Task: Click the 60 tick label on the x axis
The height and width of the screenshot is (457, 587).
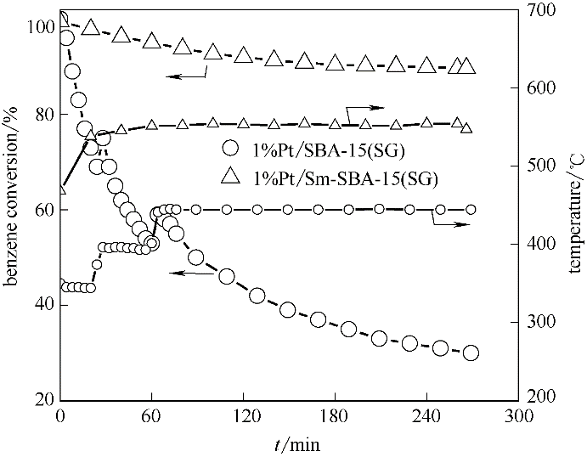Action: (151, 417)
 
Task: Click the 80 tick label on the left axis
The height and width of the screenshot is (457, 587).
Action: (42, 115)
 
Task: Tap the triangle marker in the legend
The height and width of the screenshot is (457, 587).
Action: (229, 177)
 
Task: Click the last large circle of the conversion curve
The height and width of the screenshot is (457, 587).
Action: (471, 353)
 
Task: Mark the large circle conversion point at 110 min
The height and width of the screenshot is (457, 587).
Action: (227, 276)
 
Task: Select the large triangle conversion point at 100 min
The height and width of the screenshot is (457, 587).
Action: (213, 52)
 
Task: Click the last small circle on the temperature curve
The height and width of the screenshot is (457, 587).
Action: (471, 209)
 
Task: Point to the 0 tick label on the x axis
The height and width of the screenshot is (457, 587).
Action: (60, 417)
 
